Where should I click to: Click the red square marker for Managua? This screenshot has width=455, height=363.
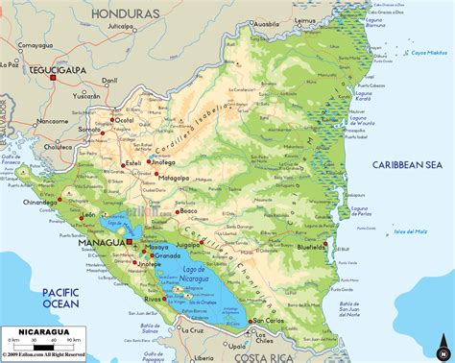coord(128,244)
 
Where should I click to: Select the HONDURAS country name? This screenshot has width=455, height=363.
coord(127,13)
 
